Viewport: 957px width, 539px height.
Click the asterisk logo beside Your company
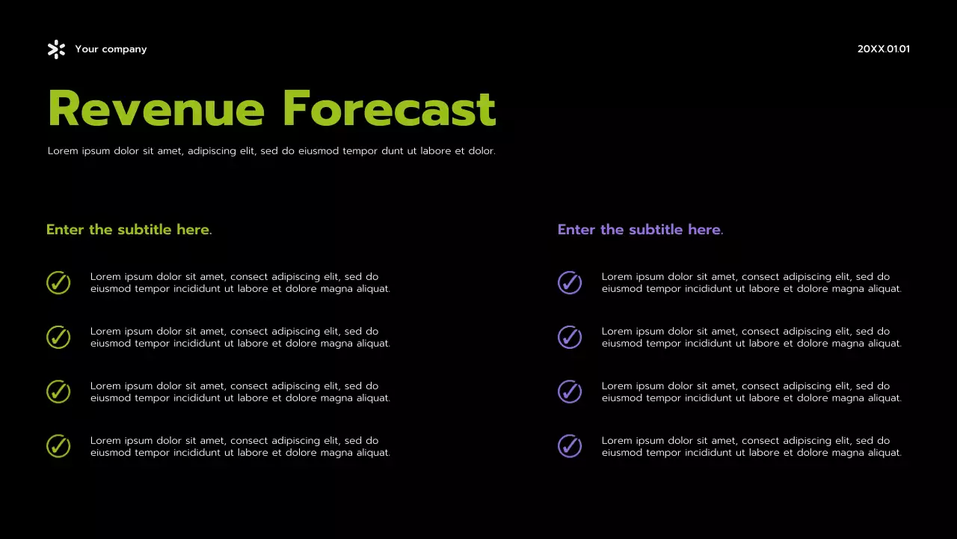click(56, 49)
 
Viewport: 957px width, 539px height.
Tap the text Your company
click(111, 49)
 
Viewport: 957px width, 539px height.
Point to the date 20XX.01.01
click(883, 49)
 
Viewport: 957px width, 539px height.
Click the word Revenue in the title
click(156, 109)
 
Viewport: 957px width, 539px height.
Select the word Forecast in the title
click(389, 109)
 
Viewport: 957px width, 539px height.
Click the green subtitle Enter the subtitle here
click(129, 230)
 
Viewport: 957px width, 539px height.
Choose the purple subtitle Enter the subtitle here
click(640, 230)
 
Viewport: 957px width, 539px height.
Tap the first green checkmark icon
click(58, 283)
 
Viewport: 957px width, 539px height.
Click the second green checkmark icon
click(58, 338)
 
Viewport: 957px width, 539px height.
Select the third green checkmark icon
click(58, 392)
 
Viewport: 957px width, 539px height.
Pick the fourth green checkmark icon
click(58, 446)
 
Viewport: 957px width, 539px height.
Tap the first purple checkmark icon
click(570, 283)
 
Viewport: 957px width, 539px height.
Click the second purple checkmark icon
click(570, 338)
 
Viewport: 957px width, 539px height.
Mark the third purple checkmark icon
click(570, 392)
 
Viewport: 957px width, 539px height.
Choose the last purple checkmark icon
click(570, 446)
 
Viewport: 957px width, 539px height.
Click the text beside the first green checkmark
click(239, 283)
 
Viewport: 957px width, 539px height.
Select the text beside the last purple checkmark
click(751, 447)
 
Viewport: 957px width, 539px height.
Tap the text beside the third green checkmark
click(239, 392)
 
